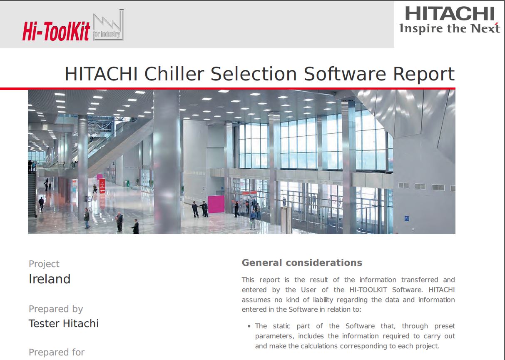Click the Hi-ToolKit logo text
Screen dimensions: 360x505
[x=56, y=31]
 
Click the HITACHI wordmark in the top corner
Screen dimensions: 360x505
[x=450, y=13]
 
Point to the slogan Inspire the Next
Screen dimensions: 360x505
[x=449, y=28]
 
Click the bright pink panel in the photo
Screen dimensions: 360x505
[x=216, y=204]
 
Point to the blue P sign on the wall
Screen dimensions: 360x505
[x=407, y=218]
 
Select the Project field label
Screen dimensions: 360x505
[x=44, y=264]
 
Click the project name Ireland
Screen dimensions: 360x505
[x=50, y=279]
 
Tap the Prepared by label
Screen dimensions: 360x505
[x=56, y=309]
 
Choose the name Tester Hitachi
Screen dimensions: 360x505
[x=64, y=323]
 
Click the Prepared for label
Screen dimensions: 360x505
[x=57, y=352]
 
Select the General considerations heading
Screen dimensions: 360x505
[x=302, y=263]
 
